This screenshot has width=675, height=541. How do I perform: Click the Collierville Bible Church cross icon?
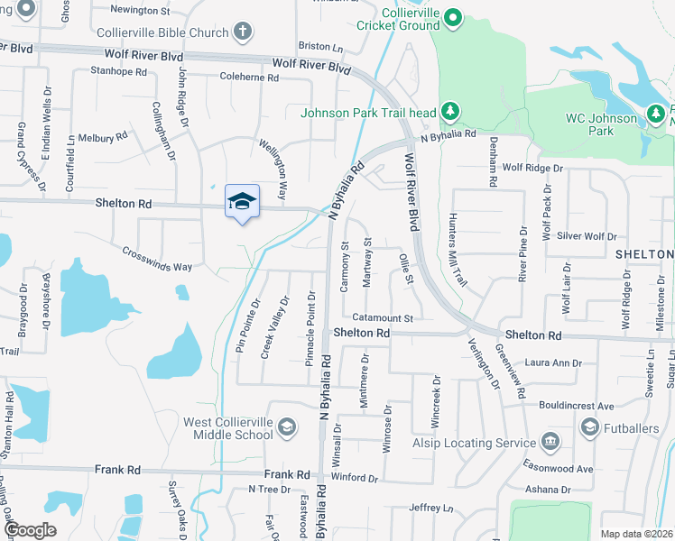coord(242,33)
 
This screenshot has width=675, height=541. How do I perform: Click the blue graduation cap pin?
coord(241,201)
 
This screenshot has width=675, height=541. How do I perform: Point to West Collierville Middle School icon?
coord(287,427)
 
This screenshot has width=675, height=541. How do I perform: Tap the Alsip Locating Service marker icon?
coord(550,442)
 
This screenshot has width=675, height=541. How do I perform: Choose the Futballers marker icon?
coord(589,426)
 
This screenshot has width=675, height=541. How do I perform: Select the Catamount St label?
coord(382,317)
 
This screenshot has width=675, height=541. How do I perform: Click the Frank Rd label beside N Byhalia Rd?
coord(287,474)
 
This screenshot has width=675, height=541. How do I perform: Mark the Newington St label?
coord(139,11)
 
